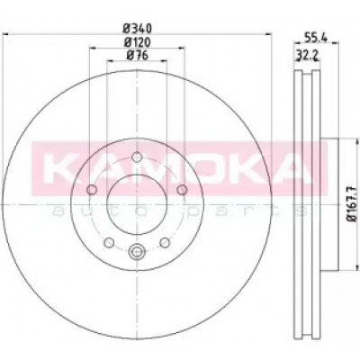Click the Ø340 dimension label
(138, 29)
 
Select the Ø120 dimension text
(138, 42)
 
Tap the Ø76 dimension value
(138, 56)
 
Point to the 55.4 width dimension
(316, 37)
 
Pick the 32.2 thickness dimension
(307, 55)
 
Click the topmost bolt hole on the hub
(137, 157)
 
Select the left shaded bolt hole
(92, 190)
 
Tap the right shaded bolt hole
(182, 190)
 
